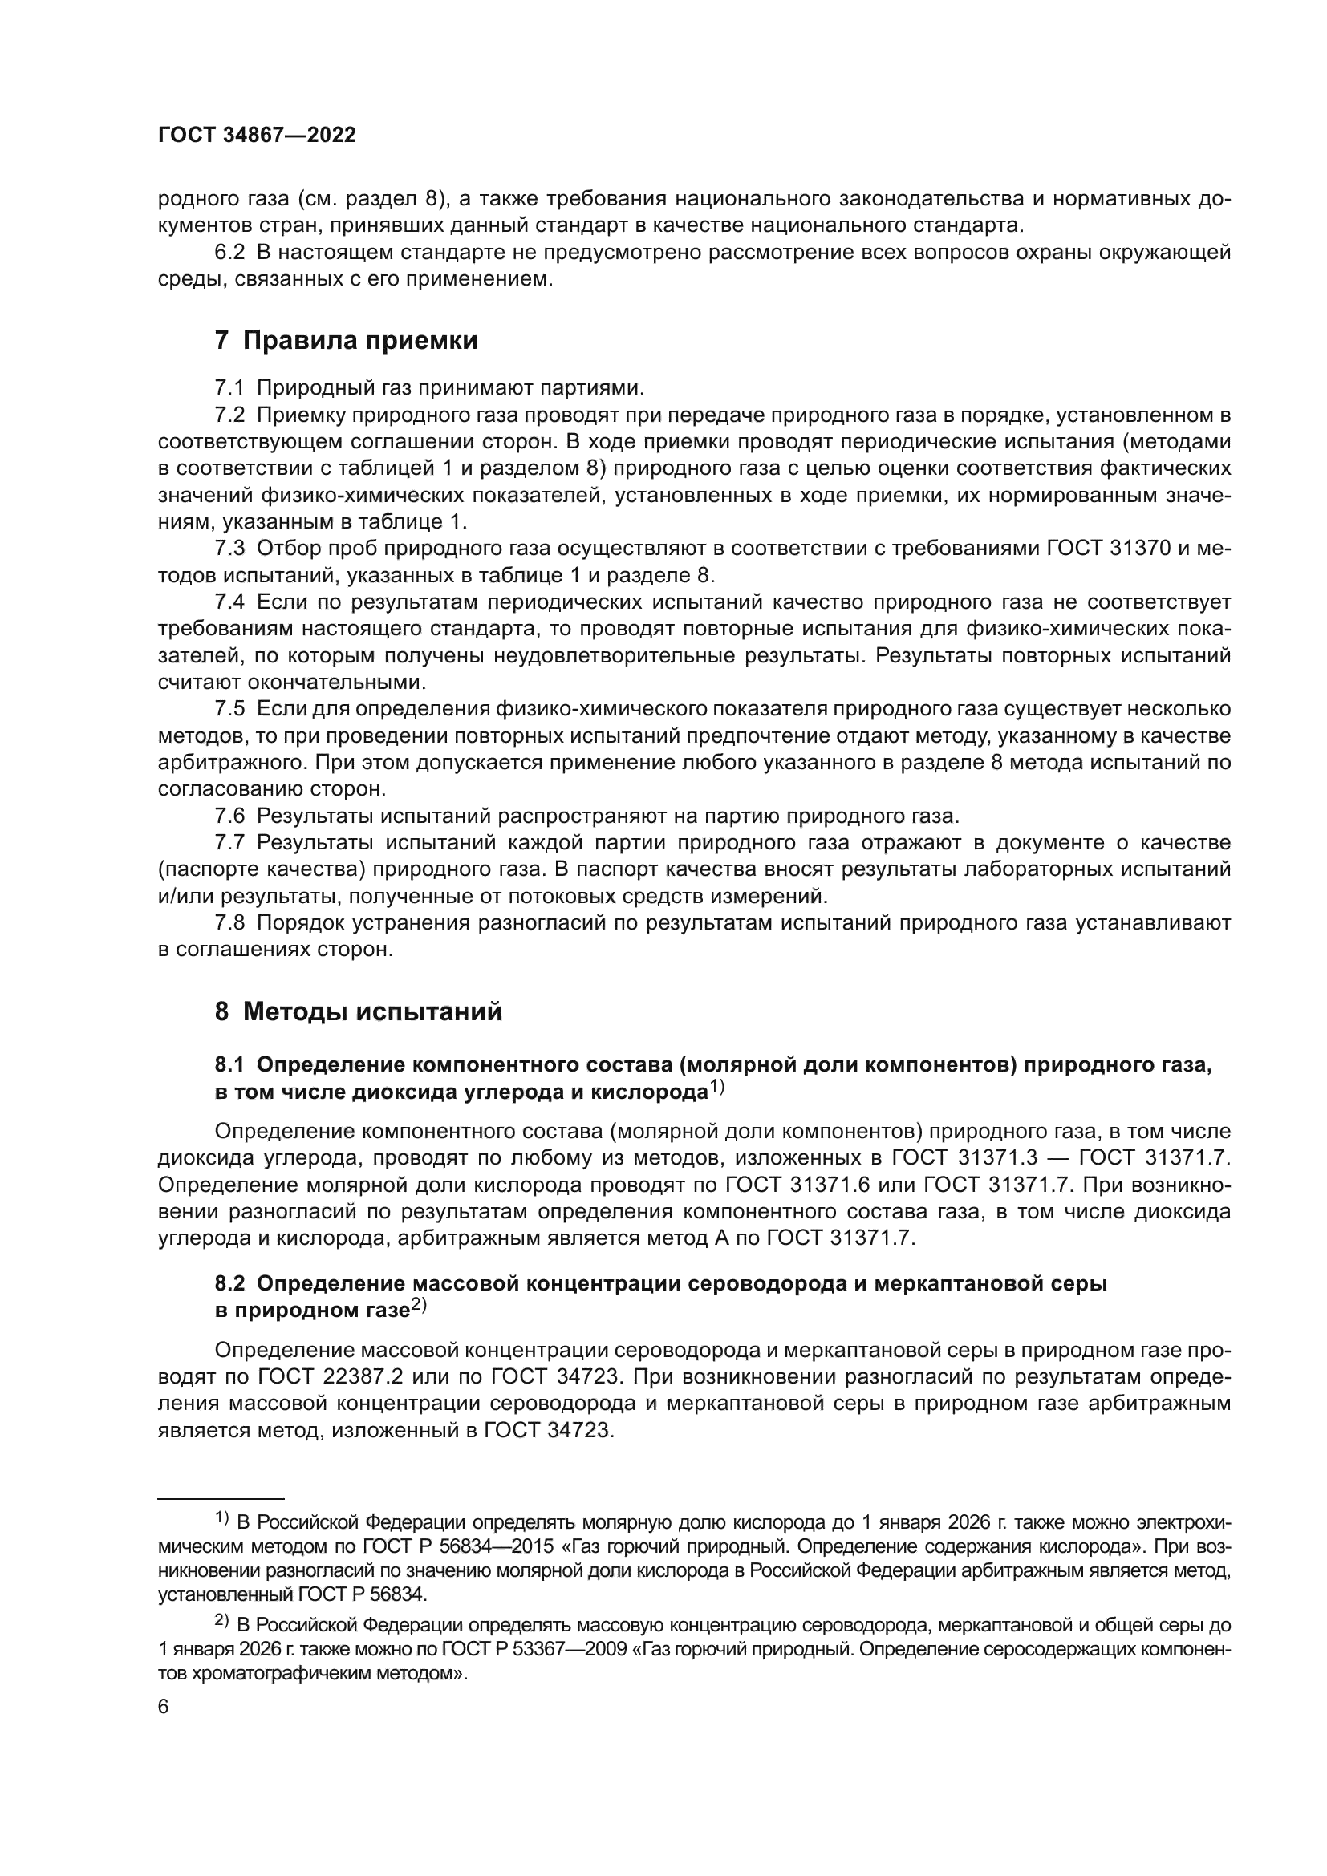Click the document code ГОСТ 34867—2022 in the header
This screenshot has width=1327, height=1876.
257,136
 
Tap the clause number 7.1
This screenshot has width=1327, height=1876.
229,387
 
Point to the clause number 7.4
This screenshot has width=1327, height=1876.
229,602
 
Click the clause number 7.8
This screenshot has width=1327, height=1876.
229,923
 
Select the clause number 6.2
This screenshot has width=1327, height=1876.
229,253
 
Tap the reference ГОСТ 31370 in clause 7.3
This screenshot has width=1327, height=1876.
1109,549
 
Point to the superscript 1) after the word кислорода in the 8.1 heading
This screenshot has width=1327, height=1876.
716,1088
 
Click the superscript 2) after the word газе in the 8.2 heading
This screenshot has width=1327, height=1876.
418,1307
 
